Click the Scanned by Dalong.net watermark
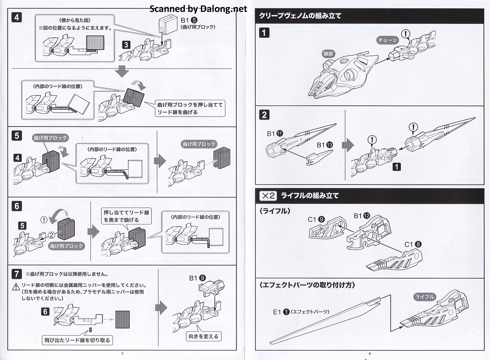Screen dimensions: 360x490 [x=198, y=9]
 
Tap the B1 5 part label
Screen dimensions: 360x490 [x=189, y=20]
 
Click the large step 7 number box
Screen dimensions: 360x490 [x=17, y=274]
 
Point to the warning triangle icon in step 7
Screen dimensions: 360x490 [x=16, y=286]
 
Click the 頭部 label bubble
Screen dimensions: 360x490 [x=328, y=54]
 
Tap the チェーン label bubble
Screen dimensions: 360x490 [x=388, y=40]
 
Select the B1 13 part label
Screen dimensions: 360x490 [x=325, y=145]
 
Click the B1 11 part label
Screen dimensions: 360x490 [x=275, y=134]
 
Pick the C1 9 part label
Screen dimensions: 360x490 [x=316, y=219]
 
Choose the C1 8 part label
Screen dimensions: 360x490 [x=413, y=244]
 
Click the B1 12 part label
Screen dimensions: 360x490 [x=362, y=216]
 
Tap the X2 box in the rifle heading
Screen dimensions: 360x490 [x=268, y=195]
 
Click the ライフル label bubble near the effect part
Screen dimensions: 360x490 [x=425, y=297]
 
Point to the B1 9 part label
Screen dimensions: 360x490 [x=197, y=278]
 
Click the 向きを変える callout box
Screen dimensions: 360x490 [x=203, y=336]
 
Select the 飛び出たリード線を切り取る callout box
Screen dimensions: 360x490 [x=77, y=340]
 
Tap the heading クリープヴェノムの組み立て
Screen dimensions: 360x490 [x=300, y=16]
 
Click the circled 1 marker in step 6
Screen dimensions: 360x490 [x=44, y=220]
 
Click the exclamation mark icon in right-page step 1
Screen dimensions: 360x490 [x=406, y=33]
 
